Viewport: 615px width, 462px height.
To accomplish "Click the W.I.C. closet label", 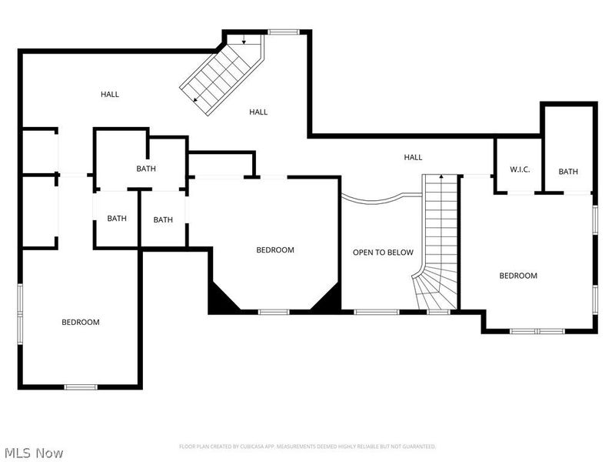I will (520, 169).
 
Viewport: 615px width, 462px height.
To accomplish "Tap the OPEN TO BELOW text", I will (383, 253).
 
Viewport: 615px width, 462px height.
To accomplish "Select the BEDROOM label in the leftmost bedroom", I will (81, 322).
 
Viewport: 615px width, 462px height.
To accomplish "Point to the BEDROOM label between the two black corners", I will (275, 250).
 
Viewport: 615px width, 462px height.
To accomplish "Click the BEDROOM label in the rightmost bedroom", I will (518, 276).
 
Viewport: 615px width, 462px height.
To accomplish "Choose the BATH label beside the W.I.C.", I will (568, 172).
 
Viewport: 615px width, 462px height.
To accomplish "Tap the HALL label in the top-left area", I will (110, 95).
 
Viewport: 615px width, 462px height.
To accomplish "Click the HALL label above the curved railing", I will (414, 158).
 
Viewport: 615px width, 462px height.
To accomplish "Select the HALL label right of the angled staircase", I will (258, 112).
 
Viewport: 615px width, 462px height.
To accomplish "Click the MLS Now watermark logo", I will (34, 453).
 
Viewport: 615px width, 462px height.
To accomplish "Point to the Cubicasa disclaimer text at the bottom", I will (307, 447).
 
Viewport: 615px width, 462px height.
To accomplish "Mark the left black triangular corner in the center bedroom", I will (219, 299).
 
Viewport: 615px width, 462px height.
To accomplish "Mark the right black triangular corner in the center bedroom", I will (329, 299).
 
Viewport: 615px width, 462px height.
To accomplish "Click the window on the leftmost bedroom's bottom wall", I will (81, 387).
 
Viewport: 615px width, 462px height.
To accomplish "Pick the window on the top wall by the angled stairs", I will (283, 32).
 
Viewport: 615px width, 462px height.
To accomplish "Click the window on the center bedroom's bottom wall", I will (274, 312).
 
